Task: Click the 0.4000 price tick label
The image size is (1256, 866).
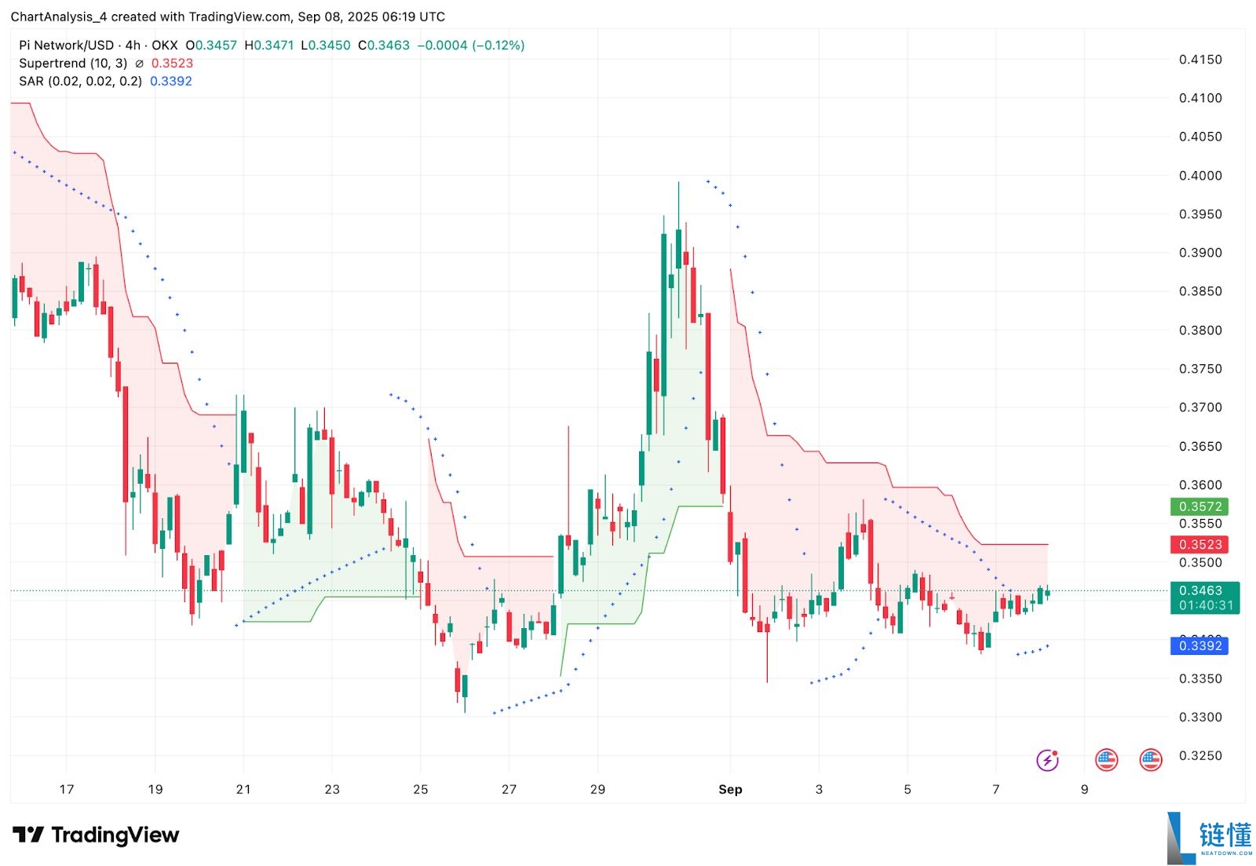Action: click(1200, 176)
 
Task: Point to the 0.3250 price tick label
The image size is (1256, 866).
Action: click(1200, 756)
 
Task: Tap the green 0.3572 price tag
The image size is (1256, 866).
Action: click(1199, 507)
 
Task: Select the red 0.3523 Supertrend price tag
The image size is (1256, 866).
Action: click(1199, 545)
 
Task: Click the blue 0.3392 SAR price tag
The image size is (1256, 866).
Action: click(1199, 646)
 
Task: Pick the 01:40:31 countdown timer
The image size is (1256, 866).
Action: click(1205, 606)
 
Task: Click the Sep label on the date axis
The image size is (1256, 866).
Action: click(730, 790)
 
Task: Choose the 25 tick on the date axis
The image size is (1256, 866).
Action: click(421, 790)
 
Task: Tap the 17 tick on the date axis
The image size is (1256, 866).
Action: click(67, 790)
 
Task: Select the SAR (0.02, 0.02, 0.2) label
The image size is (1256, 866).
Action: click(80, 82)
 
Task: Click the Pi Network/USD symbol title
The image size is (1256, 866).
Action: click(66, 46)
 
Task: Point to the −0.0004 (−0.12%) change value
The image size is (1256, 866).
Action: click(471, 46)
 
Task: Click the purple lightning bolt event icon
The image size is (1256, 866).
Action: click(1047, 760)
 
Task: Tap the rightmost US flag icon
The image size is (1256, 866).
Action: click(1151, 760)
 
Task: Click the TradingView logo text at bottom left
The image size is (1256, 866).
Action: click(96, 835)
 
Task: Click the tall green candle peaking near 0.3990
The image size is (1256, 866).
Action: click(678, 251)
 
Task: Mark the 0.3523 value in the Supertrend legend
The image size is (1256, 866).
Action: click(172, 64)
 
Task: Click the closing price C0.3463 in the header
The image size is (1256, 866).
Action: click(384, 46)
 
